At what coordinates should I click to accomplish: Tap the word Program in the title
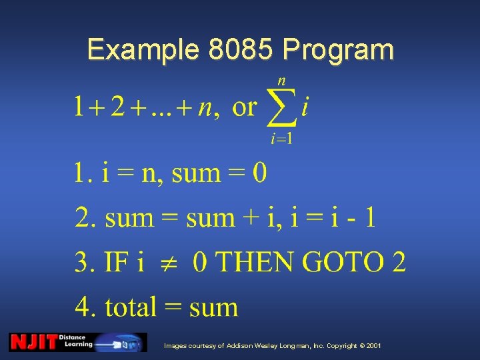338,51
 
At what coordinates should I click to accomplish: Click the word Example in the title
142,51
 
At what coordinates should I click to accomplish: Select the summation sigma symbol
281,108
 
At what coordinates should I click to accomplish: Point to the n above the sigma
281,81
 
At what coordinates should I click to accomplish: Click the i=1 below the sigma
281,139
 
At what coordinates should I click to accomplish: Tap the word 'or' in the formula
244,107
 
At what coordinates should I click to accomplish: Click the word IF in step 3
115,262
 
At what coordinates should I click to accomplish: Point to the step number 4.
85,307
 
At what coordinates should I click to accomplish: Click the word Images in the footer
177,346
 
